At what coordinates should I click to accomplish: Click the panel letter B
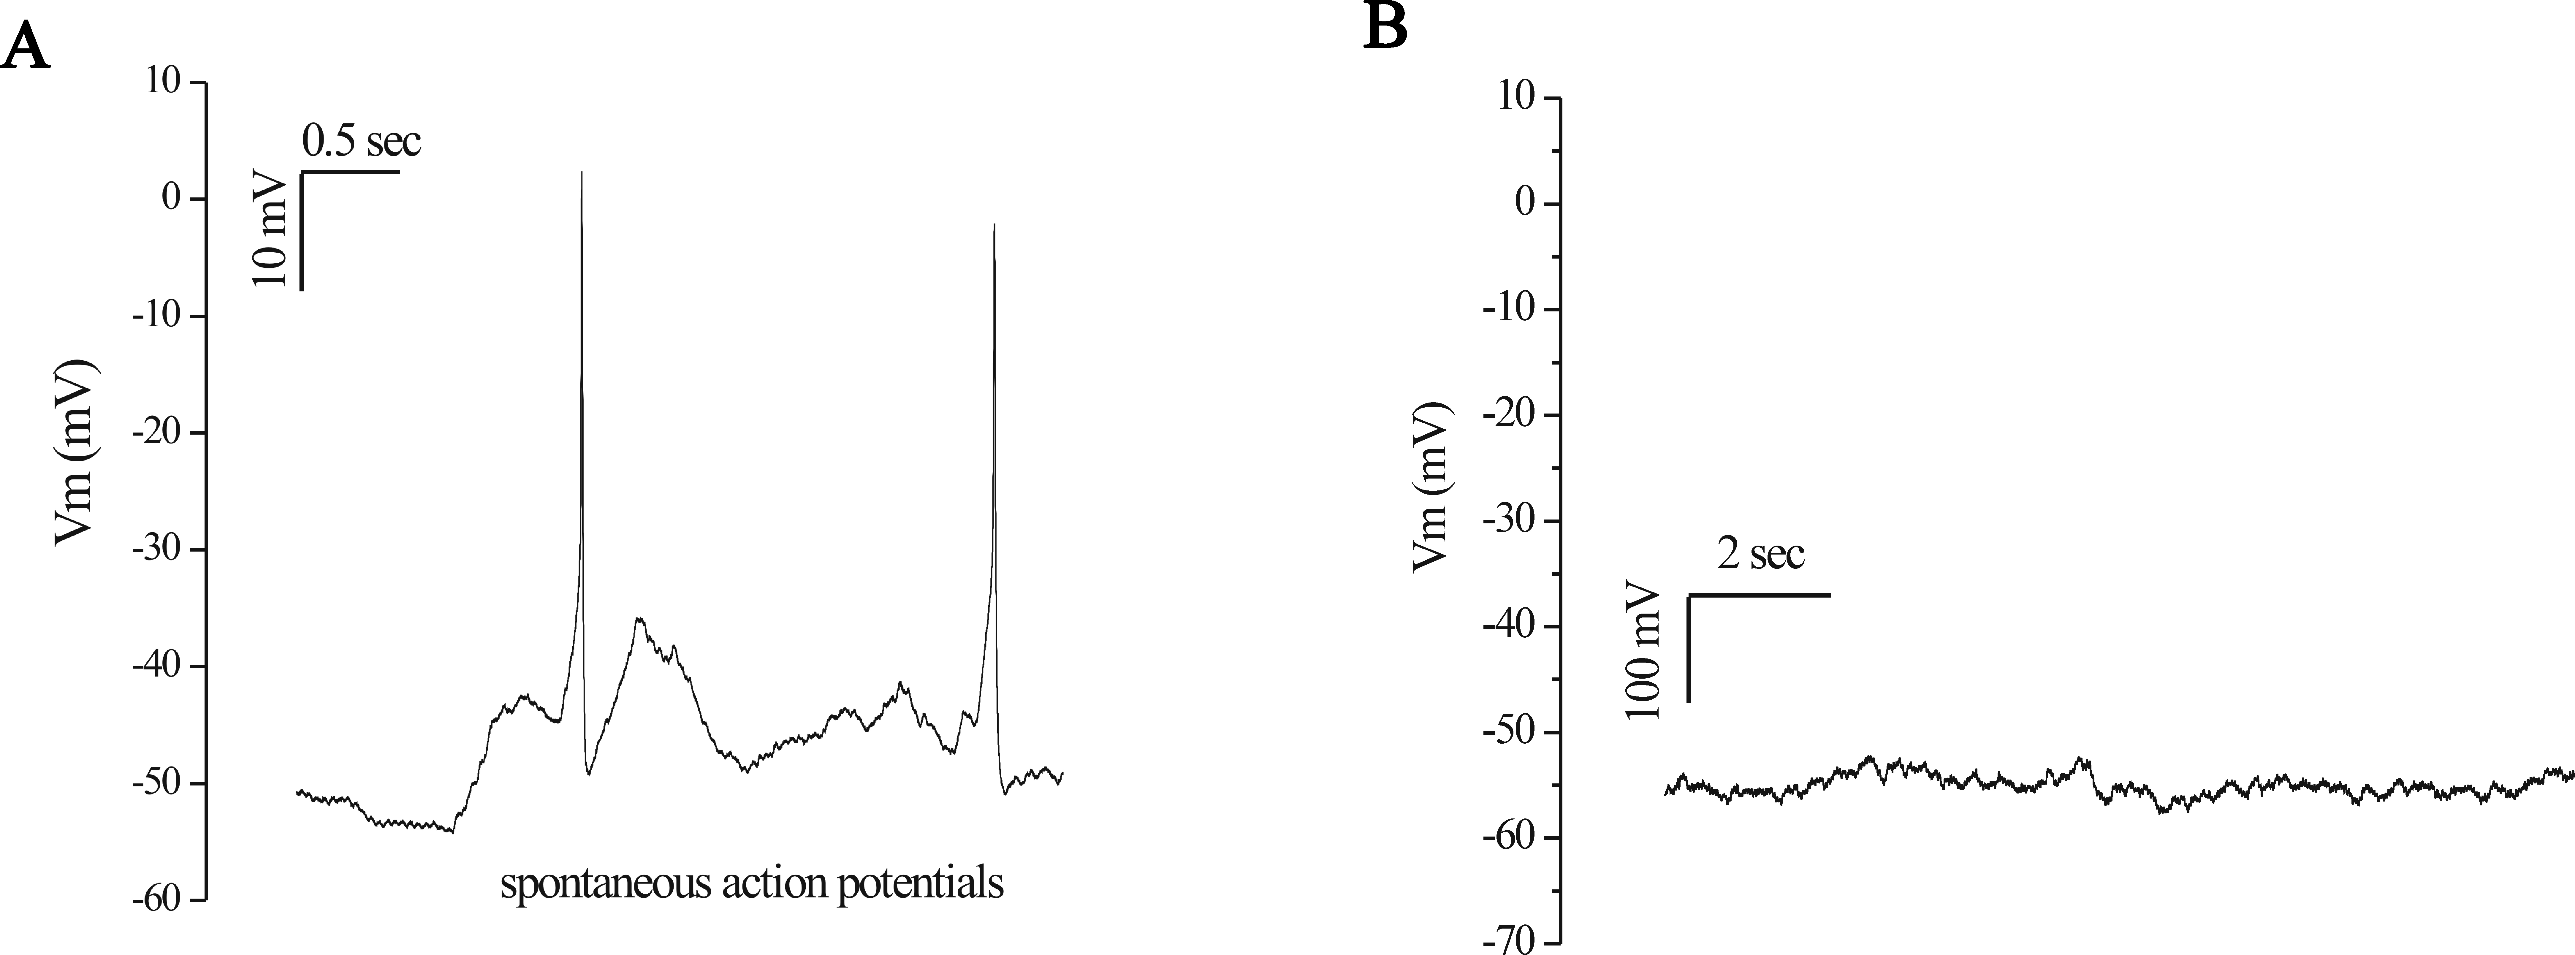point(1385,27)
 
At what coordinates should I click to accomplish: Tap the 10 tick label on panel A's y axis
point(160,82)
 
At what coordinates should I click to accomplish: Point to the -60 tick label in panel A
point(155,900)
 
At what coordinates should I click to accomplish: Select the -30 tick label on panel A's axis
point(155,550)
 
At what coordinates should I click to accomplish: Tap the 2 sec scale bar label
point(1761,553)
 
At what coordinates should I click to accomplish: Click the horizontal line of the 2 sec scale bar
point(1759,595)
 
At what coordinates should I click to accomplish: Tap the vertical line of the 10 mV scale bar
point(301,230)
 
